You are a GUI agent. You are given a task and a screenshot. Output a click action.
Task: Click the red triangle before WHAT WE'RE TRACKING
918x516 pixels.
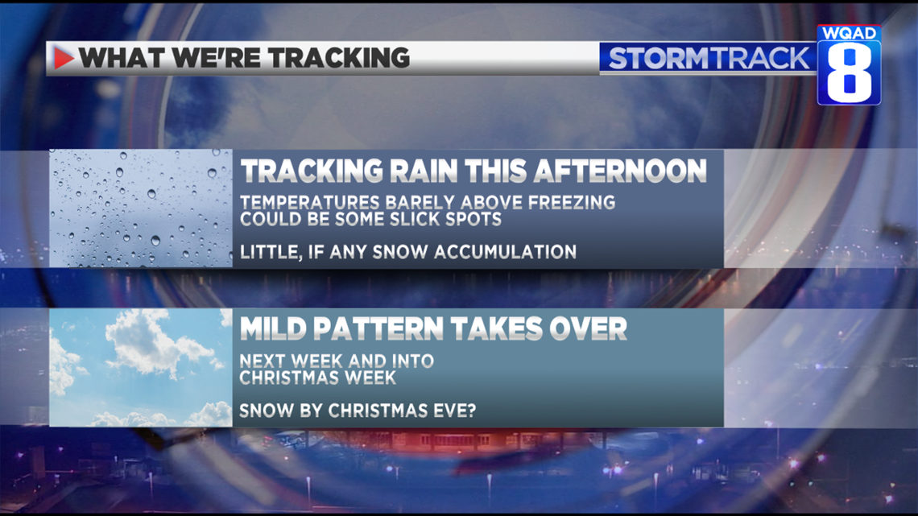point(64,58)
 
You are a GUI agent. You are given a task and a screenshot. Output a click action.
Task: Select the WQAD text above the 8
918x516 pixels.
point(849,33)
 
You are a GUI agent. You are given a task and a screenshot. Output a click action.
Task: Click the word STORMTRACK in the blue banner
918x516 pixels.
point(709,59)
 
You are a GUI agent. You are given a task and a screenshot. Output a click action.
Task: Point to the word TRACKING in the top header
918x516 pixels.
point(339,58)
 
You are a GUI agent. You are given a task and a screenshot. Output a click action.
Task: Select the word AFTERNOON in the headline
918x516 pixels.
point(620,171)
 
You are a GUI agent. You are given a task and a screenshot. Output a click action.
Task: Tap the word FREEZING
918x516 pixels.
point(572,202)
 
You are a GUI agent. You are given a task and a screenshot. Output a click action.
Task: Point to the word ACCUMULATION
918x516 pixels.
point(505,252)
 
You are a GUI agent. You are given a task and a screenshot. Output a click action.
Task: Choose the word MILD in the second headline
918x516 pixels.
point(274,328)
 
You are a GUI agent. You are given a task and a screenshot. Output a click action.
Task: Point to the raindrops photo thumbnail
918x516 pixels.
point(141,208)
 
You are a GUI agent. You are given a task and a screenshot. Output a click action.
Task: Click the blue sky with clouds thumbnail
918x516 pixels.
point(141,367)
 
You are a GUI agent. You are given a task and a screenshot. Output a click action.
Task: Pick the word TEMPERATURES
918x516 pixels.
point(310,202)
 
